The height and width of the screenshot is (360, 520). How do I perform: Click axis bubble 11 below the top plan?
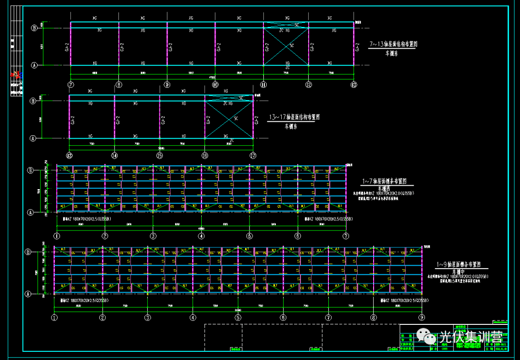coord(263,85)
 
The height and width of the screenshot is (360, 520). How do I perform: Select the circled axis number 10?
coord(215,85)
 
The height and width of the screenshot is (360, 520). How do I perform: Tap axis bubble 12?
coord(308,85)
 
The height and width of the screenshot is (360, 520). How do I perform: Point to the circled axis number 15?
coord(159,155)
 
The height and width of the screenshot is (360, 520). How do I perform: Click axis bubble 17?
coord(253,155)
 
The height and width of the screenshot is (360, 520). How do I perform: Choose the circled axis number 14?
coord(114,155)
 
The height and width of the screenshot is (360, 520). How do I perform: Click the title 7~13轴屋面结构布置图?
coord(393,44)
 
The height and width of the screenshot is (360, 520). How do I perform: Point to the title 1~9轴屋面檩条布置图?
coord(458,264)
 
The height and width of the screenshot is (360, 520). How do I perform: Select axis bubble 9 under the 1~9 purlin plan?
coord(422,317)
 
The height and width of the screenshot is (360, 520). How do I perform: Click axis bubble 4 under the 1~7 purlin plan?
coord(201,236)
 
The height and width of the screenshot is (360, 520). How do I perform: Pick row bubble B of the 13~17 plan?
coord(33,101)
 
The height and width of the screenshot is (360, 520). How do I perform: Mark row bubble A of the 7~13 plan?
coord(34,65)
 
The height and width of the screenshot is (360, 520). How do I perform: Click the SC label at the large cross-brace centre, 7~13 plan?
coord(291,45)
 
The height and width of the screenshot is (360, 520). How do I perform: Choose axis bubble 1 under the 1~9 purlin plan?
coord(54,317)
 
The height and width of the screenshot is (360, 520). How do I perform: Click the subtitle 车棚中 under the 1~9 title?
coord(458,271)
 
